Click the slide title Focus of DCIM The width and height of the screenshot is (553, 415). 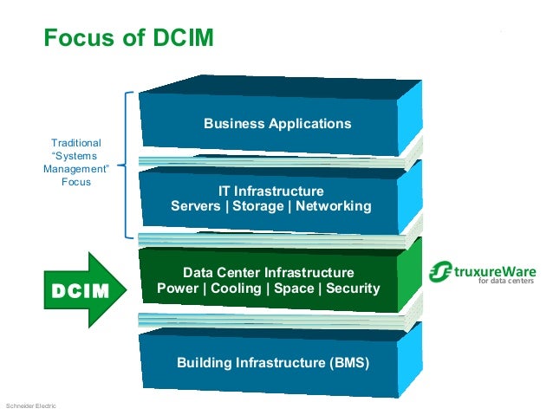click(x=128, y=38)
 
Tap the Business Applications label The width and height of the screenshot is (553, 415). click(x=277, y=123)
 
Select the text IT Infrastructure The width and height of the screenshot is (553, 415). click(x=271, y=191)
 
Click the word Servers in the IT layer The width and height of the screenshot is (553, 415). click(x=196, y=206)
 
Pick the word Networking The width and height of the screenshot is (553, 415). click(x=334, y=206)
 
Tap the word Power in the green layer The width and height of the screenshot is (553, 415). click(x=176, y=288)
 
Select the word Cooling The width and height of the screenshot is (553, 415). click(x=237, y=288)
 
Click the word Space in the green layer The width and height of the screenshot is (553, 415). click(x=294, y=288)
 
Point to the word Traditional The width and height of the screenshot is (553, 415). click(x=75, y=142)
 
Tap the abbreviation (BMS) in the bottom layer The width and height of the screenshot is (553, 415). click(x=348, y=362)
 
